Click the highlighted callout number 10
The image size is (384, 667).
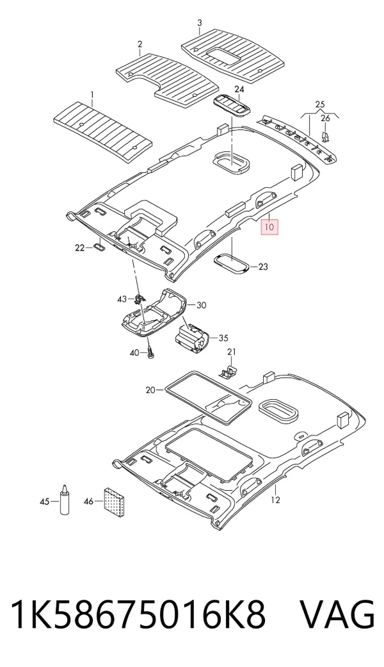(269, 226)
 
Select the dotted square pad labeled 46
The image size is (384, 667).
(115, 501)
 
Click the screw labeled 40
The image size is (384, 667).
(150, 352)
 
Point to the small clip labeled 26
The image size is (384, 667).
(326, 136)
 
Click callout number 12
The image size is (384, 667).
(276, 500)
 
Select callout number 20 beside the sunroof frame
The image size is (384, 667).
(151, 390)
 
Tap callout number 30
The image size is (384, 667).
(202, 305)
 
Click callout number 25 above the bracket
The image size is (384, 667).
(320, 104)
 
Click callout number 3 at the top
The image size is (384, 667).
(200, 22)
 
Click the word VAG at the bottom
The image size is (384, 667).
(338, 615)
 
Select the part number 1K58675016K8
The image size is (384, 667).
(138, 615)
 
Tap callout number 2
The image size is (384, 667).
(140, 44)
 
